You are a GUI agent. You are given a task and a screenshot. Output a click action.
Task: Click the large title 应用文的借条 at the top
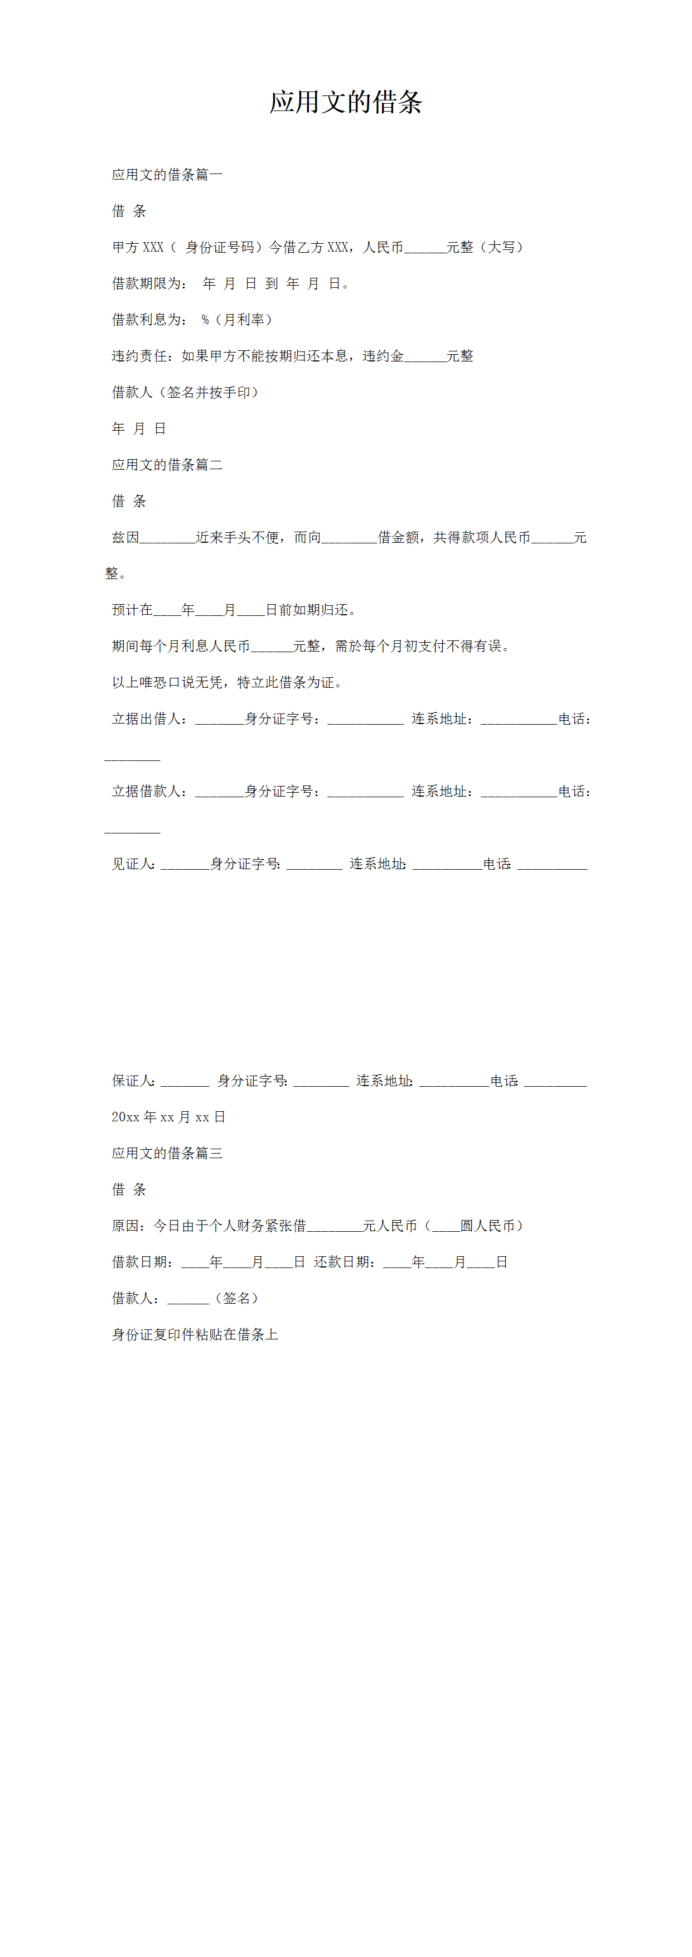point(346,102)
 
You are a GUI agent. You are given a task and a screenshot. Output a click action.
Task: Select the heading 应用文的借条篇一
point(167,175)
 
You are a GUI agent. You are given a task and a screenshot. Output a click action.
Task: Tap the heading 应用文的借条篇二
point(167,465)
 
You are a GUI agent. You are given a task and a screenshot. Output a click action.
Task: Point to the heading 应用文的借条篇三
point(167,1153)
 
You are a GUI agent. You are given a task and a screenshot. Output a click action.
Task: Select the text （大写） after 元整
point(501,248)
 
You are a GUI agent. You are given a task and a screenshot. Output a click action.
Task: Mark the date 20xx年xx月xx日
point(168,1117)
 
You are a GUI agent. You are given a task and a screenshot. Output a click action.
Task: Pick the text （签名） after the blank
point(237,1298)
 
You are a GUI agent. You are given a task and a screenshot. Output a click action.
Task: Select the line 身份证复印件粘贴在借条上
point(195,1335)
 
